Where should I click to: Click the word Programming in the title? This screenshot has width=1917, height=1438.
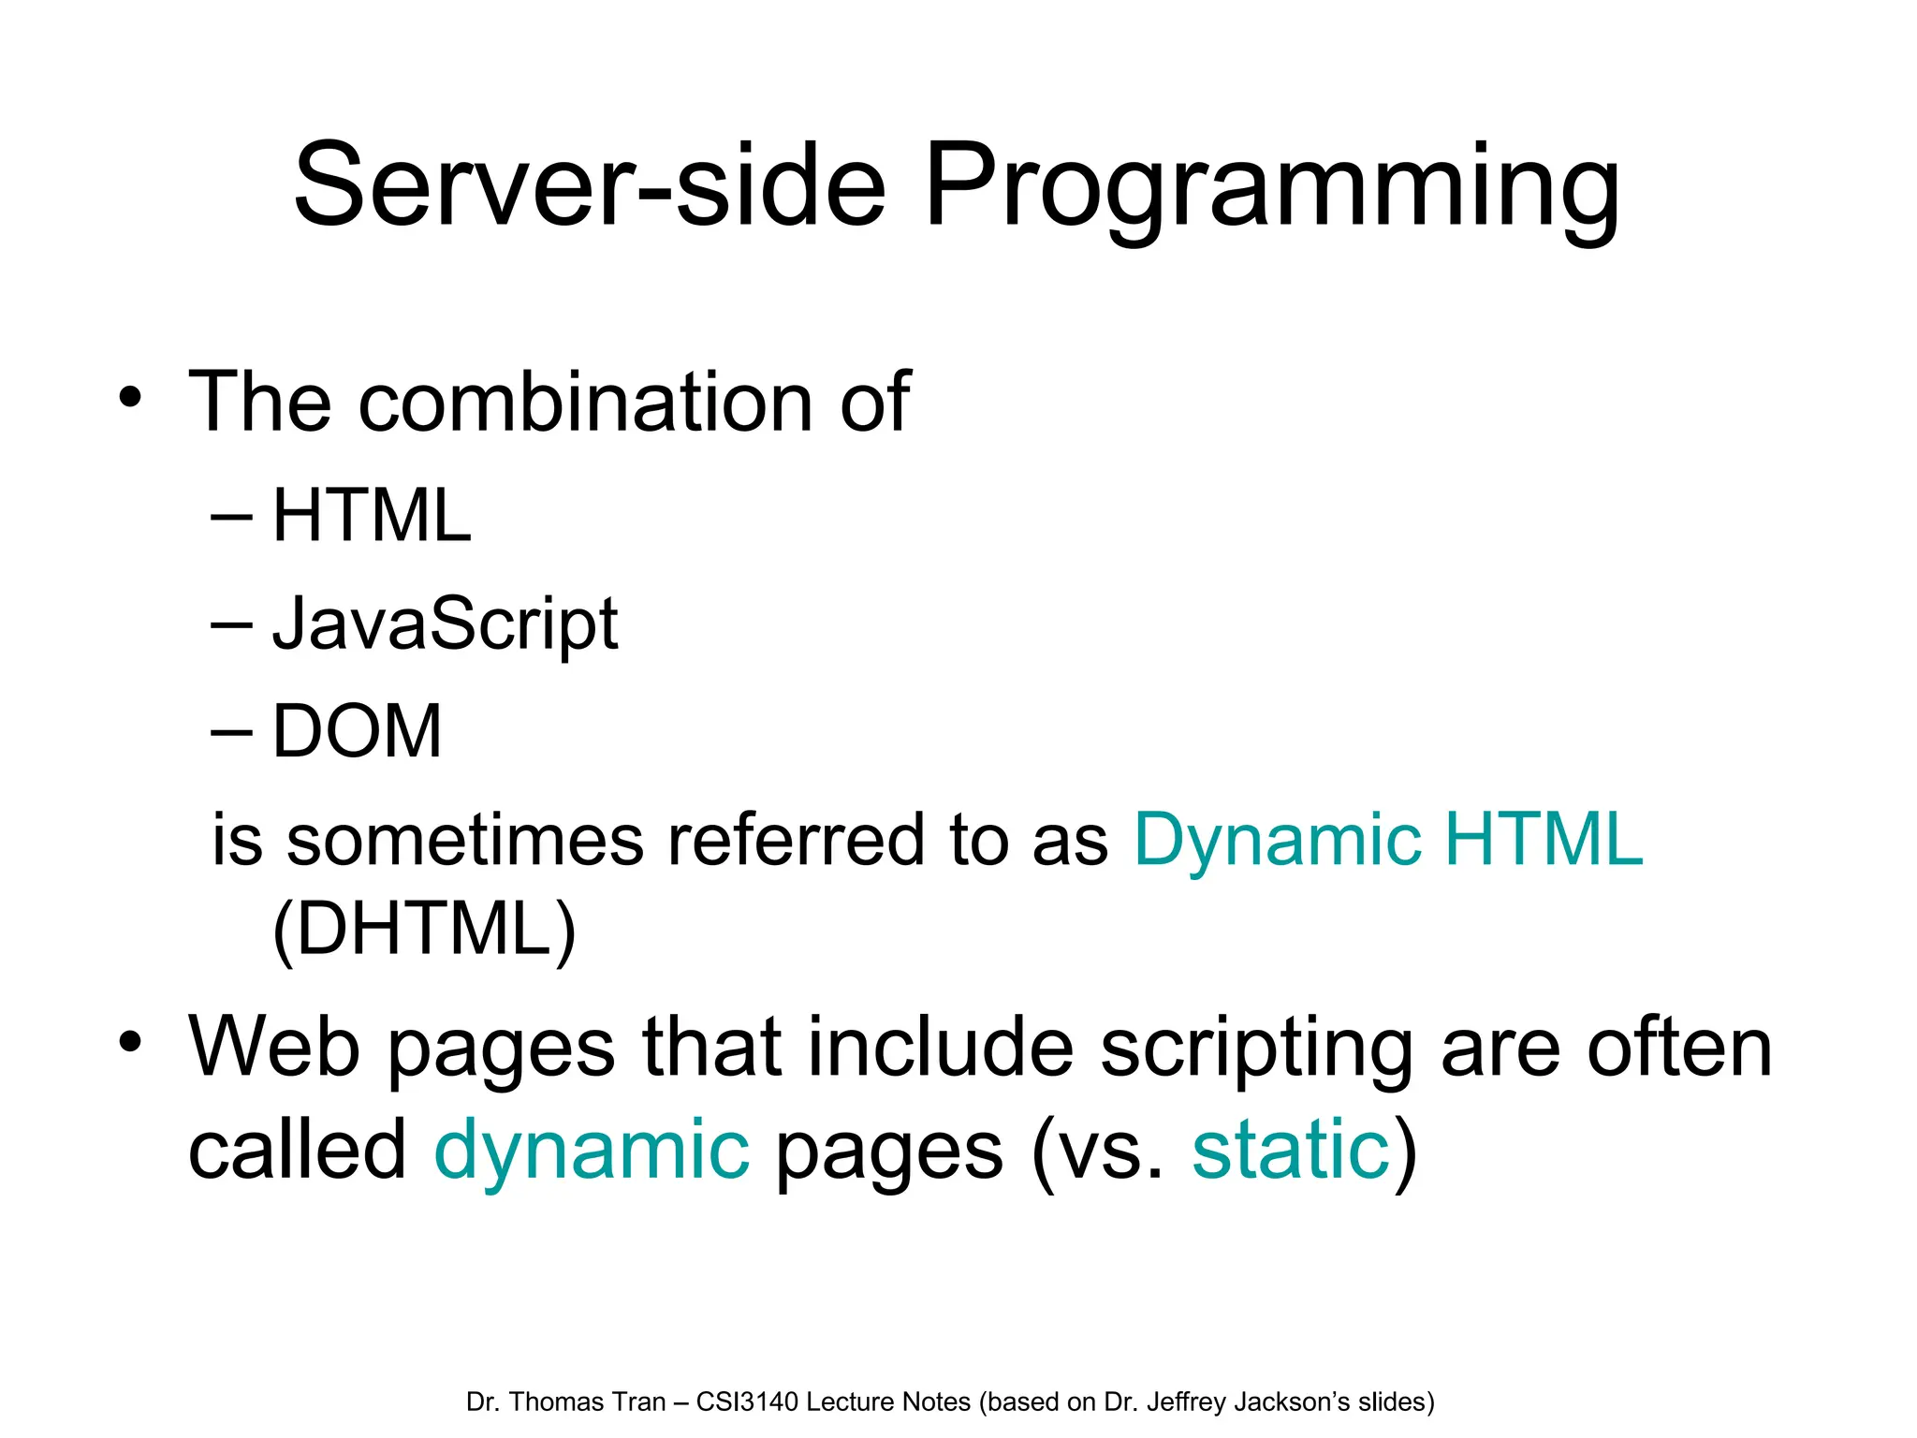tap(1271, 187)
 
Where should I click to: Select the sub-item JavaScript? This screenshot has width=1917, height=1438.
tap(445, 624)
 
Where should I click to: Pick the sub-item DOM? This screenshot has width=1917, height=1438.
tap(357, 731)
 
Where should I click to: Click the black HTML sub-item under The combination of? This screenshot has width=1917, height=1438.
tap(372, 516)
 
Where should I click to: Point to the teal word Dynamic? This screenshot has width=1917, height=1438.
tap(1278, 840)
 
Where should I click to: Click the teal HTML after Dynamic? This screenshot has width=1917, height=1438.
tap(1544, 840)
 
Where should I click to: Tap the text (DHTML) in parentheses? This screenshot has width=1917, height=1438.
tap(424, 930)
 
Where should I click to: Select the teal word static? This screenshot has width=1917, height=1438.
tap(1291, 1150)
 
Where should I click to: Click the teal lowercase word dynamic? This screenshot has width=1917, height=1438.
tap(592, 1150)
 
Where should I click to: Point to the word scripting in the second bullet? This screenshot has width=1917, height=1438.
tap(1256, 1049)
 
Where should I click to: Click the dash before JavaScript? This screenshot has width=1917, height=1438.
tap(231, 624)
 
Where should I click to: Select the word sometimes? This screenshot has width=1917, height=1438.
tap(465, 840)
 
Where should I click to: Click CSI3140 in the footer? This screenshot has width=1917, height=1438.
tap(747, 1402)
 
